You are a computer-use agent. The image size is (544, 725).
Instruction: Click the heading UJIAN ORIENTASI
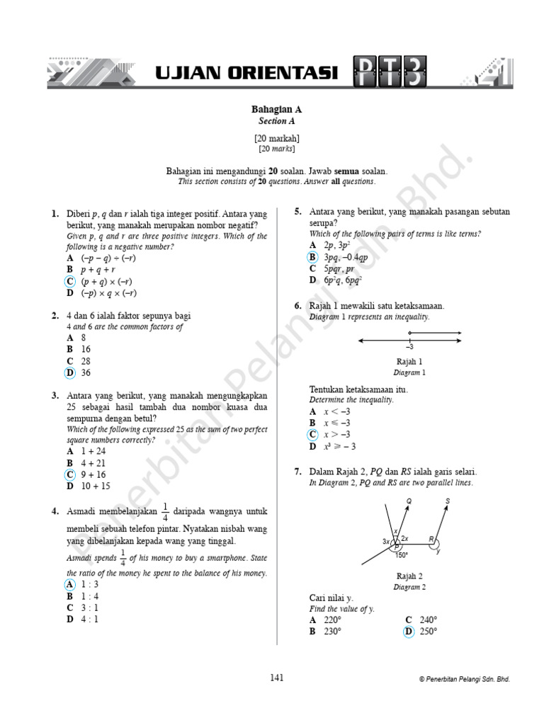click(x=246, y=73)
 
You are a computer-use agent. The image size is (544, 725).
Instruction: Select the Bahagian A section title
click(x=276, y=109)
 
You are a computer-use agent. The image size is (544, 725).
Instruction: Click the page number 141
click(x=276, y=678)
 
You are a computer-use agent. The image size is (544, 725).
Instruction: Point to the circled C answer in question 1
click(x=70, y=281)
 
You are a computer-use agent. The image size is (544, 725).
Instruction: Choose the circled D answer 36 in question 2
click(x=70, y=372)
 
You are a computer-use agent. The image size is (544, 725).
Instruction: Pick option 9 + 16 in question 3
click(x=94, y=474)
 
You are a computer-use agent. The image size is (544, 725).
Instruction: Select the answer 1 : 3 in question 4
click(x=90, y=584)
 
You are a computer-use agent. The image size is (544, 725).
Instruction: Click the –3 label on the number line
click(x=409, y=347)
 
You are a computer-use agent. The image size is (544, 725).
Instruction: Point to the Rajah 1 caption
click(x=409, y=361)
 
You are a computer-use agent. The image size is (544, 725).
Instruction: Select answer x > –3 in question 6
click(x=337, y=434)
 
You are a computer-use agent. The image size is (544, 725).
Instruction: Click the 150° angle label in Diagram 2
click(x=401, y=555)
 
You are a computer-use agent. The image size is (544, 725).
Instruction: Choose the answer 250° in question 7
click(x=428, y=632)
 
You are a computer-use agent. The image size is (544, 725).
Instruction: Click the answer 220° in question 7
click(x=331, y=620)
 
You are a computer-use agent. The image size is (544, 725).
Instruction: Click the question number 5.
click(x=298, y=212)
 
